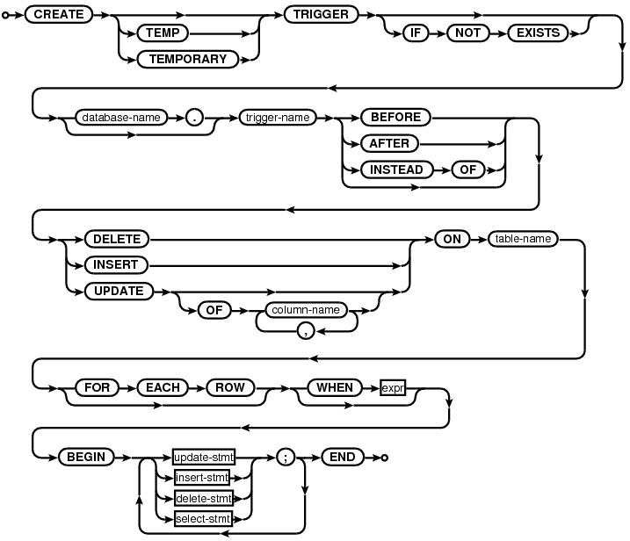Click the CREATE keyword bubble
tap(57, 15)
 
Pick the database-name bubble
tap(122, 117)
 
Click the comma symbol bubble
tap(306, 330)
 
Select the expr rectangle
tap(393, 386)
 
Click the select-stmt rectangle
tap(202, 519)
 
